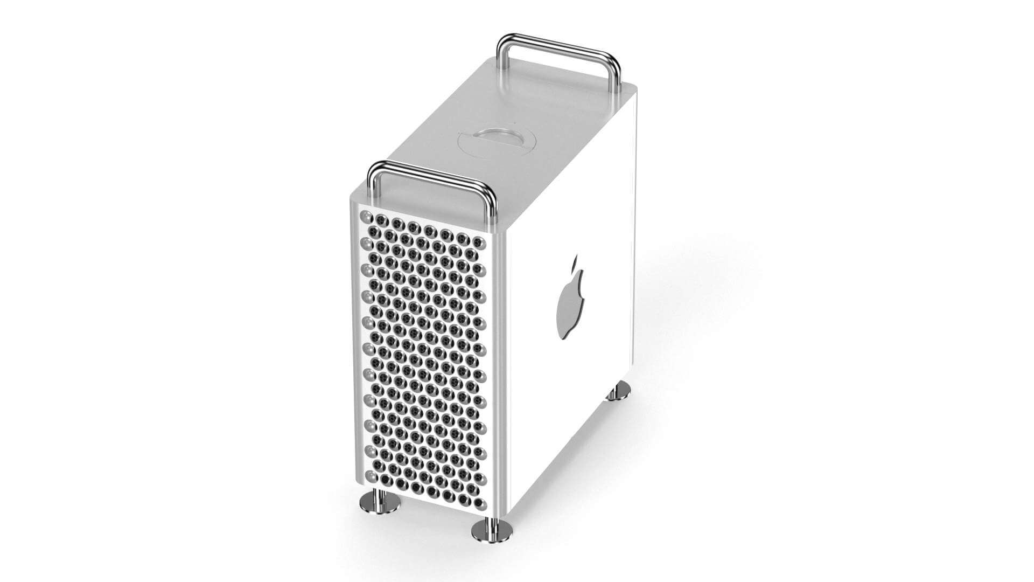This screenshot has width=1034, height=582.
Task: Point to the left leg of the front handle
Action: tap(372, 186)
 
